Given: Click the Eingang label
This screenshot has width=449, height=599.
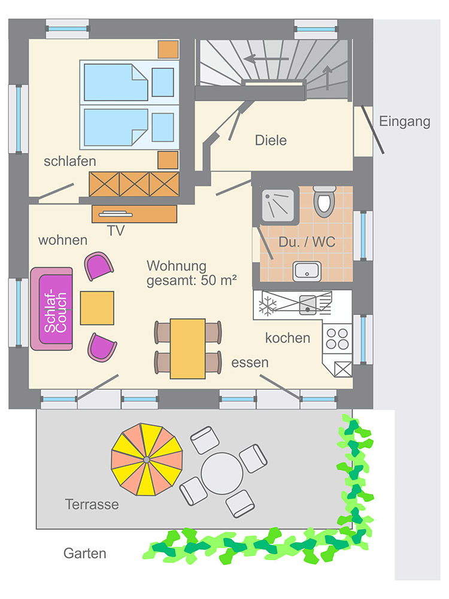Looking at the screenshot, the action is (404, 122).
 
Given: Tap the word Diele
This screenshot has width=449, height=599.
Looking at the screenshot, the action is (271, 140).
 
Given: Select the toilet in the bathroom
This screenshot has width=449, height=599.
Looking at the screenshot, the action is (324, 201).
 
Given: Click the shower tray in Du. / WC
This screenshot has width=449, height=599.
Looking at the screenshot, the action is (280, 205).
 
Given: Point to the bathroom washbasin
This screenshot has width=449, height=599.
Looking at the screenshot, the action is (307, 271).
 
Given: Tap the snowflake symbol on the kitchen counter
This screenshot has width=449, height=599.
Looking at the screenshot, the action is (267, 305).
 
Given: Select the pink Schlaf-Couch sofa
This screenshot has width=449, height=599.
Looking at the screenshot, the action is (51, 308).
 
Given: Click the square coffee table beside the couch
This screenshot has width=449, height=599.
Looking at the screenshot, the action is (97, 308).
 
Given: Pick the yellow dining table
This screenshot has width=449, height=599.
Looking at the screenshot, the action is (187, 349).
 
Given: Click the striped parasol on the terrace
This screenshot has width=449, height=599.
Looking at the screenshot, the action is (147, 459).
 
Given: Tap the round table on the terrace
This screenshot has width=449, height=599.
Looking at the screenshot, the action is (222, 473).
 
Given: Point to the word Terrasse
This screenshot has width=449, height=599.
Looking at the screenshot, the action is (92, 504).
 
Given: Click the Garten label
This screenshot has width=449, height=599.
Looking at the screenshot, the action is (85, 553).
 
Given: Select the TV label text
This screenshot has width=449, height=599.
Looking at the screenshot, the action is (116, 231).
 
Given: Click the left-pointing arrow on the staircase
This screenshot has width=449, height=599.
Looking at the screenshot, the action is (266, 59).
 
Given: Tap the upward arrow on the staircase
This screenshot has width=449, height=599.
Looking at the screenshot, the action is (327, 77).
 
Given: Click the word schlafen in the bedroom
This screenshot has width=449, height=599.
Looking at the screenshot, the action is (70, 161).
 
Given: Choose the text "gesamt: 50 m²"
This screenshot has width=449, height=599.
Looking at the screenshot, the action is (192, 280).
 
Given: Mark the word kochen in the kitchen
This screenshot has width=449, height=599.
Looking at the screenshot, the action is (287, 338).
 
